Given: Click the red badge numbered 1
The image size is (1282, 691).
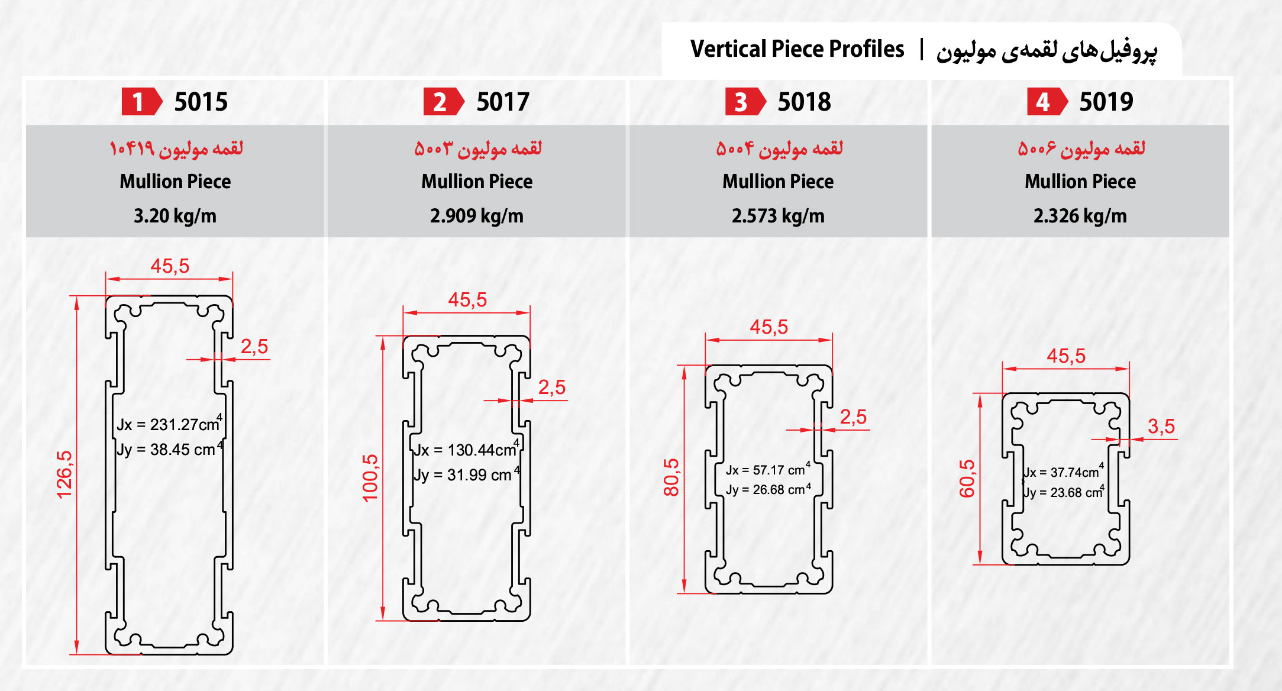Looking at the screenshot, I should click(140, 102).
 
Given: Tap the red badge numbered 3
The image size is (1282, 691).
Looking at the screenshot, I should click(744, 102).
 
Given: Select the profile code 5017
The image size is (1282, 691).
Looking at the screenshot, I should click(503, 102).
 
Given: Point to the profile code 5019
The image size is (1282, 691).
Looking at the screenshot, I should click(1106, 102).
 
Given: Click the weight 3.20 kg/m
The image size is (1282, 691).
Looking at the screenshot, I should click(175, 216).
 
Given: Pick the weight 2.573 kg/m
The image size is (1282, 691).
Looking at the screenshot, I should click(778, 216).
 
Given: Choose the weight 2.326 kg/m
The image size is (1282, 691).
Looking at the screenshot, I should click(1080, 216).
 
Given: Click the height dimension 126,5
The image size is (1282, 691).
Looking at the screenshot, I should click(64, 474).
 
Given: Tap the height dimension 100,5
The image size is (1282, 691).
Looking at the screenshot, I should click(370, 478).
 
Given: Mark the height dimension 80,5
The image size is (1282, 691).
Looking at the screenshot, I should click(671, 477).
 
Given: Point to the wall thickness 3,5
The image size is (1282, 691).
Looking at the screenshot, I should click(1161, 426).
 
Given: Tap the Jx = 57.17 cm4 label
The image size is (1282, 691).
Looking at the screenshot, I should click(768, 470).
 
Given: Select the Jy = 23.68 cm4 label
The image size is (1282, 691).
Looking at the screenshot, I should click(1064, 492).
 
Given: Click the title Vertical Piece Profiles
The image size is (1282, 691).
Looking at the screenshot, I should click(797, 49).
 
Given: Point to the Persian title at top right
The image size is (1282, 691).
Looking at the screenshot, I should click(1046, 50).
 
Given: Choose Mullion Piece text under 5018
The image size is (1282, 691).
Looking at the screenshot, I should click(778, 182).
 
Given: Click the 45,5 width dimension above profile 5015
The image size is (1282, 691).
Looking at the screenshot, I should click(170, 266).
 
